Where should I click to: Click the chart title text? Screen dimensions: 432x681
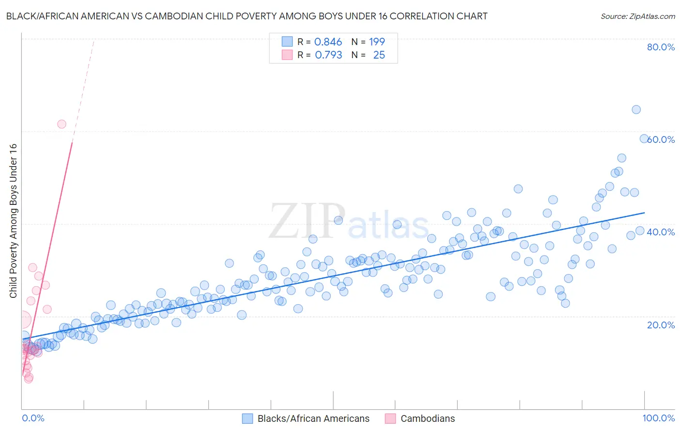coord(247,16)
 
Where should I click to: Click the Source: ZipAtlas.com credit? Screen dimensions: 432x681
coord(637,16)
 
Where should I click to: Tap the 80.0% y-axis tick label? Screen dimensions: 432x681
coord(661,47)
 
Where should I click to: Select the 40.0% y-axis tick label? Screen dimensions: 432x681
coord(661,232)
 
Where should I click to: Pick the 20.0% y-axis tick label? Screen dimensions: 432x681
coord(661,324)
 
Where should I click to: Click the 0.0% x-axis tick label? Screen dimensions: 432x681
coord(33,418)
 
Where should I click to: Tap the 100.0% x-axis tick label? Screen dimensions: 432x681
coord(658,418)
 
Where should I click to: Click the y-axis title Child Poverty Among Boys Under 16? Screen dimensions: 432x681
coord(13,221)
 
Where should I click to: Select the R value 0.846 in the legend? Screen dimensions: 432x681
coord(328,42)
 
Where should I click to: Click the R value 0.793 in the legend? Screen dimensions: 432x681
coord(328,55)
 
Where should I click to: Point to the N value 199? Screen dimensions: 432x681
coord(377,42)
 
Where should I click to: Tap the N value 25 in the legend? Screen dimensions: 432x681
coord(379,55)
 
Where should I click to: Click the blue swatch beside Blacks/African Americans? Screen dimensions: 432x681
coord(248,418)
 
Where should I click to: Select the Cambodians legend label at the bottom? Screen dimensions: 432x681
coord(428,418)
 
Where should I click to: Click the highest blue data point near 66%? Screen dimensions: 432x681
coord(636,109)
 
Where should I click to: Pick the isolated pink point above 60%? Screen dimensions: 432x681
coord(62,124)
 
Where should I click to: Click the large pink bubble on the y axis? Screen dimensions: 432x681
coord(22,320)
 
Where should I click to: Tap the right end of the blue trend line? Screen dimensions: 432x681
coord(644,213)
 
